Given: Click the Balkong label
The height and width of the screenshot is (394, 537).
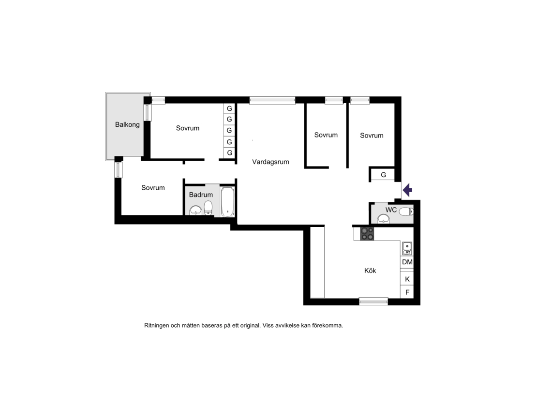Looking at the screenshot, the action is [127, 125].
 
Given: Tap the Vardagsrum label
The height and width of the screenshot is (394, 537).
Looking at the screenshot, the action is [270, 162].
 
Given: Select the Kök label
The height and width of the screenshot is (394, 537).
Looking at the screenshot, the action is [370, 271].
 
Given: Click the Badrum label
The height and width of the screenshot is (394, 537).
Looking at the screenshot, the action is [201, 195].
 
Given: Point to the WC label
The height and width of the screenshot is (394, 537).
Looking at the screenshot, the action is [391, 210].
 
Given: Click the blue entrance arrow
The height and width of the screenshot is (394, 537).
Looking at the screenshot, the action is [407, 190].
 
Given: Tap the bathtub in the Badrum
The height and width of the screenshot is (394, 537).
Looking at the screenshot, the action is [227, 201].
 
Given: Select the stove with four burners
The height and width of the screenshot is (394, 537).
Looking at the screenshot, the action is [367, 234].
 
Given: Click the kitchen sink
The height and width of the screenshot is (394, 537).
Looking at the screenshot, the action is [407, 248].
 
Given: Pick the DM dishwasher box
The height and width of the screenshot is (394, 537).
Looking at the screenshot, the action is [407, 262].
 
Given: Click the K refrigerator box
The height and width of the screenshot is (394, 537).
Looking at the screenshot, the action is [407, 279].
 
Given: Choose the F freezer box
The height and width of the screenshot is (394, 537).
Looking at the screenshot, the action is [407, 292].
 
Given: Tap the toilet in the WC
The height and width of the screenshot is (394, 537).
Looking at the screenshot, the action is [406, 211].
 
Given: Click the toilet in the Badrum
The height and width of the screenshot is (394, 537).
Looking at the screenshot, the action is [208, 208].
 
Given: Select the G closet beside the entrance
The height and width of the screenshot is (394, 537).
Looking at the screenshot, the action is [383, 175].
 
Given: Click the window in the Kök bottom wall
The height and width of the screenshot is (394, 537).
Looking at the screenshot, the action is [373, 302].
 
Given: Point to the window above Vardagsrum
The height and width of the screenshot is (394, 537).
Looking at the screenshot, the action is [272, 100].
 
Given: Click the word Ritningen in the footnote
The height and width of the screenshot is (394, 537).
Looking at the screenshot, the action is [157, 325].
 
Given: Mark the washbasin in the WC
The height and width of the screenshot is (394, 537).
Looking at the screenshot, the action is [383, 219].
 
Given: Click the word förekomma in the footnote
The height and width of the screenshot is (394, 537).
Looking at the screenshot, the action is [327, 325].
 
